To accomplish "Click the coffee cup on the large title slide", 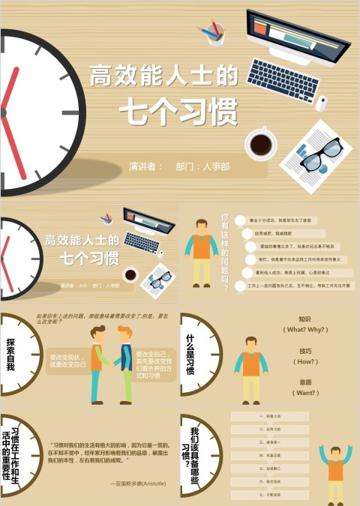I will pos(261,142).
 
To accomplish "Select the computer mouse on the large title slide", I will pos(321,103).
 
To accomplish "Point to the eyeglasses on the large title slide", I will pos(319,153).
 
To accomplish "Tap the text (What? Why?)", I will pos(305,330).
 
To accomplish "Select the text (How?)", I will pos(305,361).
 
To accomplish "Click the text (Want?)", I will pos(305,393).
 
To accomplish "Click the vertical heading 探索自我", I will pos(10,355).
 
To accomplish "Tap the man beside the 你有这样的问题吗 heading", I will pos(201,253).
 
